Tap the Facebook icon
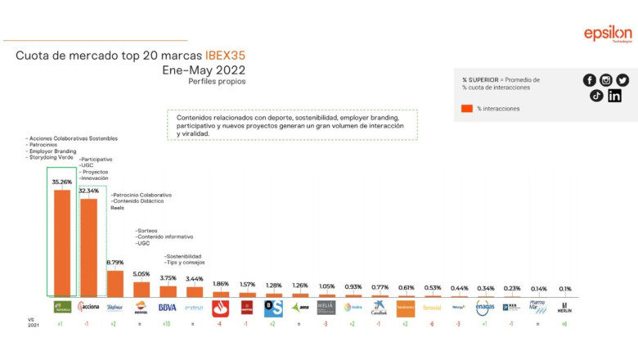click(x=589, y=80)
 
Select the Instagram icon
click(x=606, y=80)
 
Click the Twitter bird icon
click(x=623, y=80)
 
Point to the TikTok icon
click(x=597, y=96)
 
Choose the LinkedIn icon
click(x=615, y=96)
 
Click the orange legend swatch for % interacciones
click(x=467, y=108)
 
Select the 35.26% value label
click(x=62, y=182)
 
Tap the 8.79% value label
click(x=115, y=263)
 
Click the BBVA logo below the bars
click(x=168, y=308)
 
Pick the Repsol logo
click(x=141, y=308)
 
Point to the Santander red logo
click(x=220, y=308)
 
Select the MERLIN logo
click(x=564, y=308)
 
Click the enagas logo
click(x=485, y=308)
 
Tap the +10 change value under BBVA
click(x=167, y=324)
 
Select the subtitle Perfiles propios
click(x=217, y=82)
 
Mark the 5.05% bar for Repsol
click(x=142, y=289)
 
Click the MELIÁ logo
click(x=326, y=308)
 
